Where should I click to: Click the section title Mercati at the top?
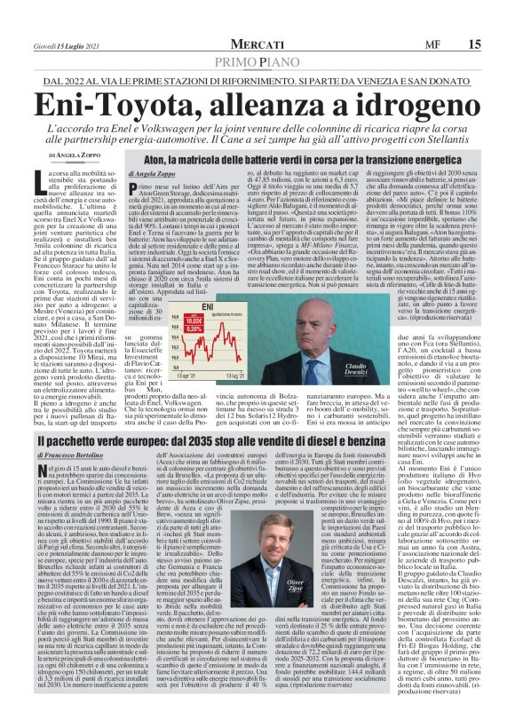[257, 44]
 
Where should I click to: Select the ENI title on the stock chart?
[209, 304]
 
